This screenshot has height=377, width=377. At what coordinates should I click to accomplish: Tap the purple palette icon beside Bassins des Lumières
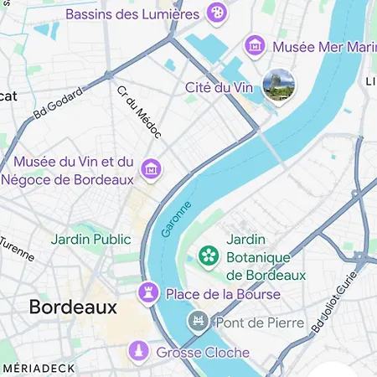coord(217,13)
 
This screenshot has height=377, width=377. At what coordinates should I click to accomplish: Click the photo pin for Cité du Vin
coord(277,86)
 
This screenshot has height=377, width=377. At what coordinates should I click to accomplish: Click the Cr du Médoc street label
coord(138,111)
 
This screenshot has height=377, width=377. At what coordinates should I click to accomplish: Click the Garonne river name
coord(177,219)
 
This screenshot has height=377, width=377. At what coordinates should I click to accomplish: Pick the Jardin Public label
coord(90,239)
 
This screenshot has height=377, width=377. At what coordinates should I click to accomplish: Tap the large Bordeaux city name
coord(73,307)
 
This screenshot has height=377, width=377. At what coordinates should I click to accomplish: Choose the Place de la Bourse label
coord(223,294)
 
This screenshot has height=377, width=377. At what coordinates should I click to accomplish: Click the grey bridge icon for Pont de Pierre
coord(199,321)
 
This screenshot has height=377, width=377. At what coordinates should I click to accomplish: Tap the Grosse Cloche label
coord(203,353)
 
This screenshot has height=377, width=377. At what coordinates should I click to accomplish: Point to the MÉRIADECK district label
coord(39,368)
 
